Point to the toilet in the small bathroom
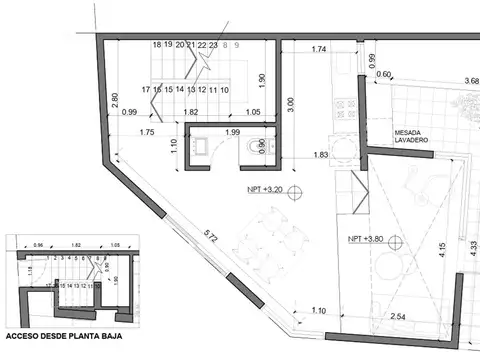coord(250,146)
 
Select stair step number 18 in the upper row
coord(157,45)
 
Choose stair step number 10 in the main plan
coord(225,90)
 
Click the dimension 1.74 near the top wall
coord(320,49)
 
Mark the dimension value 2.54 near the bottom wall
coord(398,316)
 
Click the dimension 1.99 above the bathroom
coord(232,134)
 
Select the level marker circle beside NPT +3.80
coord(395,240)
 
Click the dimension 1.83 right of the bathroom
coord(320,155)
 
